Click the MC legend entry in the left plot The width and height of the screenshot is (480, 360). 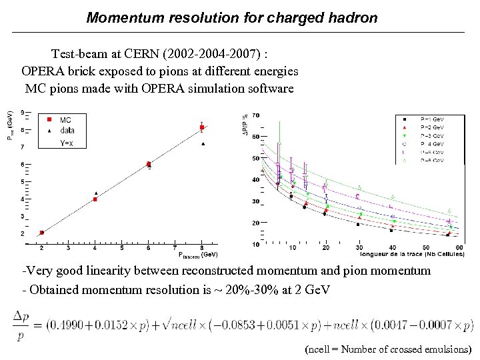pos(65,120)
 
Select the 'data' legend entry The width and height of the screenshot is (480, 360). pos(67,131)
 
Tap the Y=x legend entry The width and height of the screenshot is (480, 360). pos(67,142)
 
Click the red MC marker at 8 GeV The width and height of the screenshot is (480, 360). pos(202,127)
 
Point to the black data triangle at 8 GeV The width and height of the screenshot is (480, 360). pos(203,143)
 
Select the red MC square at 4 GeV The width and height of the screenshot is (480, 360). pos(95,199)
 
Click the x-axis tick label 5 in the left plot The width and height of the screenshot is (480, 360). pos(122,247)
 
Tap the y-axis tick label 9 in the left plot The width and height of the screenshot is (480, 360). pos(24,112)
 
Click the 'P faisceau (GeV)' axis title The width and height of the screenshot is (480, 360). pos(198,255)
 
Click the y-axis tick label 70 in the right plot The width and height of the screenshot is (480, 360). pos(256,115)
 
